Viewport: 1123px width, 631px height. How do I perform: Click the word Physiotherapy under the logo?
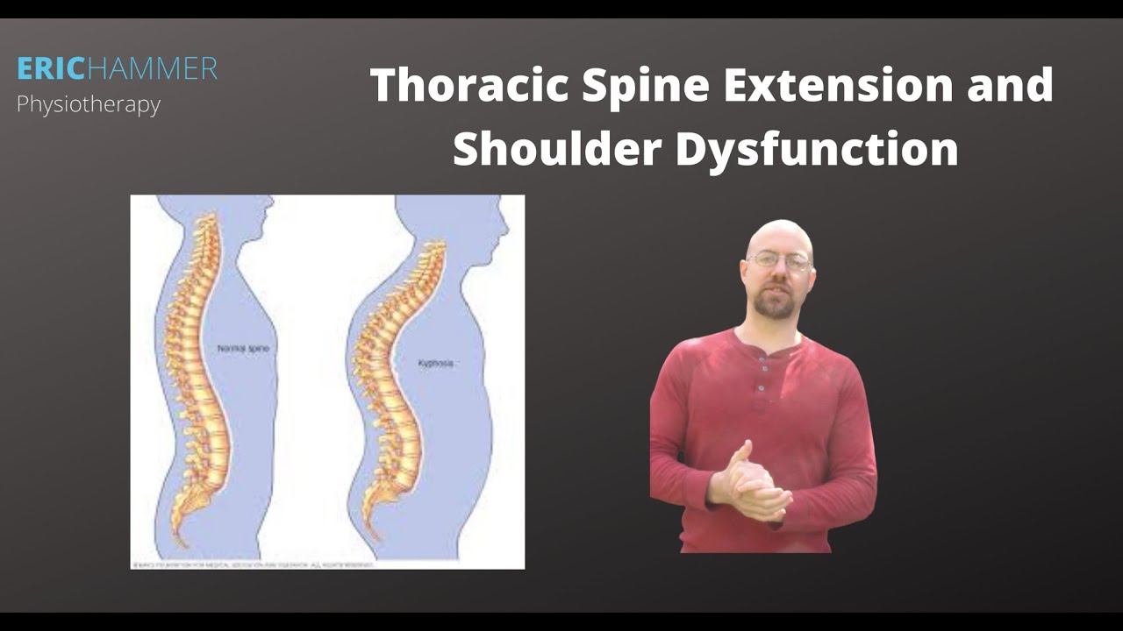click(x=89, y=105)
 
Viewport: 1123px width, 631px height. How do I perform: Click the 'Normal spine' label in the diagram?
click(x=243, y=349)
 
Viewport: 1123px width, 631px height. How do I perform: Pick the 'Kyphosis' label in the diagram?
click(x=436, y=363)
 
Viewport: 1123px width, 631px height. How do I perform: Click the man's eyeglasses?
click(x=779, y=261)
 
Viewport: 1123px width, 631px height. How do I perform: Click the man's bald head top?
click(x=778, y=230)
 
